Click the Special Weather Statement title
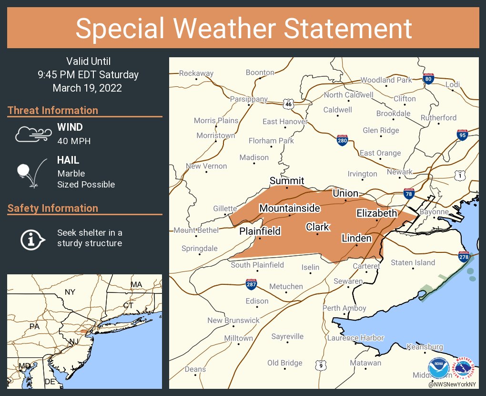click(243, 28)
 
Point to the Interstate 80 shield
click(428, 79)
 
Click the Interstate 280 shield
click(342, 140)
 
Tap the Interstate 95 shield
click(462, 135)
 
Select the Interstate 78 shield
click(408, 193)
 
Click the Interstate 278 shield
click(464, 257)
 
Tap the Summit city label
click(287, 180)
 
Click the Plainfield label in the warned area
click(260, 231)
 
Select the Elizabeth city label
click(376, 213)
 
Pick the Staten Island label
click(413, 262)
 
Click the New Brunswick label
click(233, 320)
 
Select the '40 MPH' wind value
click(74, 141)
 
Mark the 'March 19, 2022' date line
click(87, 88)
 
